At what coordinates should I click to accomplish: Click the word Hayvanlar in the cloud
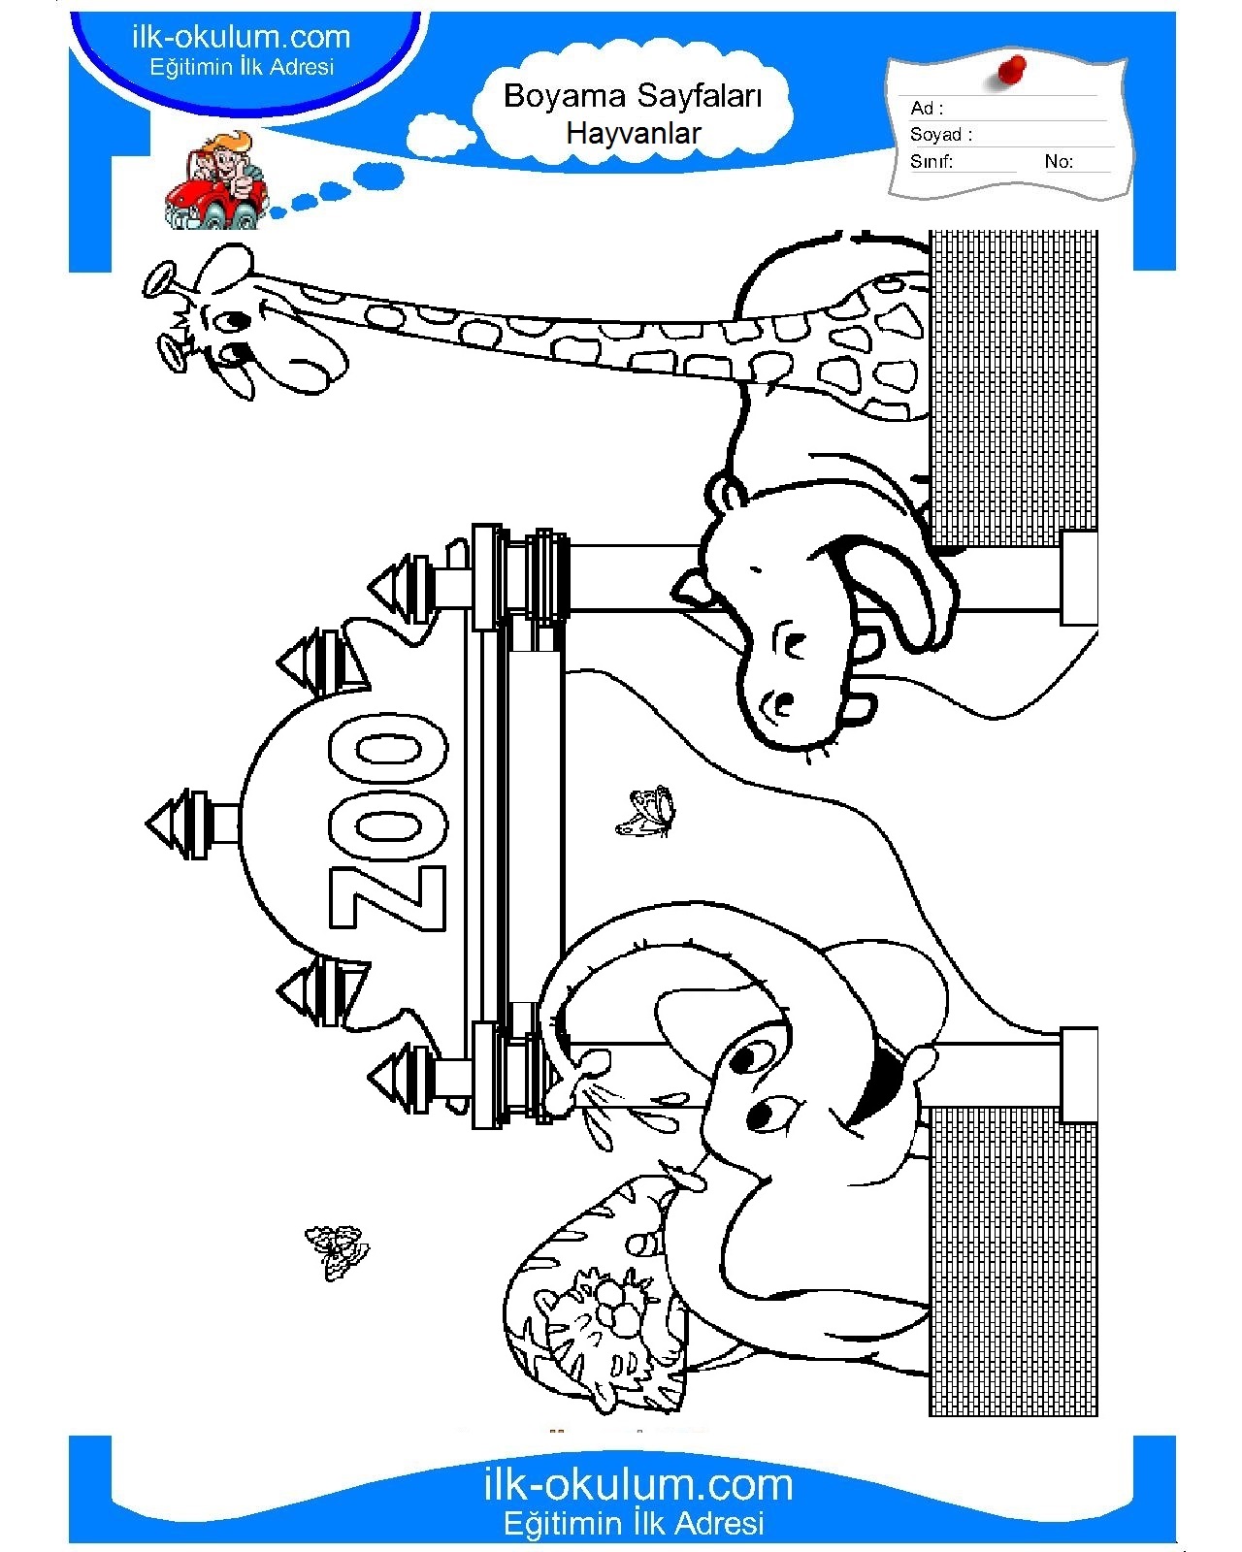click(x=634, y=134)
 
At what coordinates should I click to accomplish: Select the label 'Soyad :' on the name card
click(x=941, y=135)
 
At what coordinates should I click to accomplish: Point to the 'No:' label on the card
click(x=1059, y=162)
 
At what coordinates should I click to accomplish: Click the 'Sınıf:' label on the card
click(x=931, y=162)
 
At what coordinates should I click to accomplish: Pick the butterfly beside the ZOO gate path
click(x=645, y=812)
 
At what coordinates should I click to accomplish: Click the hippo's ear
click(x=725, y=495)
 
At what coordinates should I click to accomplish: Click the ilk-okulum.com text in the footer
click(x=637, y=1485)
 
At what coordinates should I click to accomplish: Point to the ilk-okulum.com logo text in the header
click(x=241, y=37)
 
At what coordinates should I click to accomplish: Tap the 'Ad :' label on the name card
click(x=927, y=109)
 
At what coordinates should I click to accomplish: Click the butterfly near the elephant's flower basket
click(x=337, y=1252)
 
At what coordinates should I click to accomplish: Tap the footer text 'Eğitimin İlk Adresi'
click(x=634, y=1523)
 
